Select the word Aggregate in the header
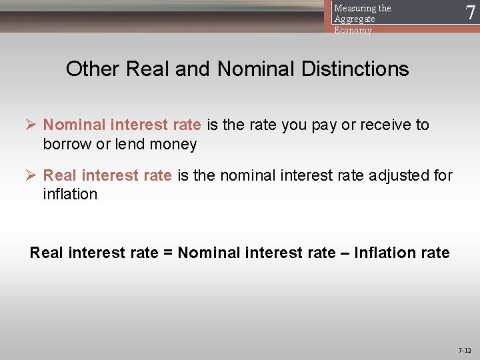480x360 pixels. tap(355, 19)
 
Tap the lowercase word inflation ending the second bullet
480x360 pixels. tap(70, 195)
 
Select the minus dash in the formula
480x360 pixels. tap(345, 253)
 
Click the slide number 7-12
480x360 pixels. tap(464, 350)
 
